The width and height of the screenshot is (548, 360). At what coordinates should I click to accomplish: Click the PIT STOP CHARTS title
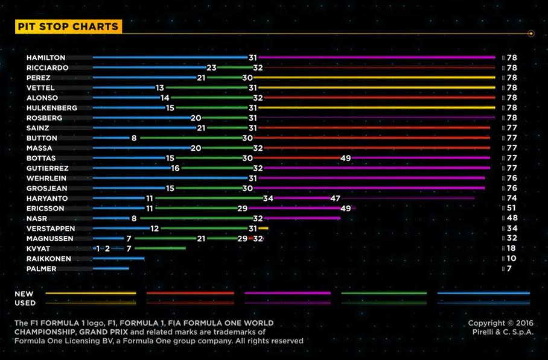pos(68,27)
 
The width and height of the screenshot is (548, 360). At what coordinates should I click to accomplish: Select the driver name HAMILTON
pos(46,58)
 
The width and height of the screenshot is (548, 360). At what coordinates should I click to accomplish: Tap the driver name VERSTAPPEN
pos(51,229)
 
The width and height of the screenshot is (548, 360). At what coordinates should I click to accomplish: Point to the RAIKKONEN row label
pos(49,259)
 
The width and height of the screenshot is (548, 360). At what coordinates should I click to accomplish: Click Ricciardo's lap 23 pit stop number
pos(211,68)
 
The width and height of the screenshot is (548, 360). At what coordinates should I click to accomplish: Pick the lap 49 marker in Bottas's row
pos(346,158)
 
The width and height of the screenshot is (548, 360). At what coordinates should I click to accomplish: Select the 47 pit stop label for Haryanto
pos(336,198)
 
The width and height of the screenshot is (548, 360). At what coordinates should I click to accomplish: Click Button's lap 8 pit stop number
pos(134,138)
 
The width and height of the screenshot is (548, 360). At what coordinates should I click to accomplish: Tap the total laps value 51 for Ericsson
pos(512,208)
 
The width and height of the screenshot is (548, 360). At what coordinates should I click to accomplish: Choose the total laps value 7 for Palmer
pos(509,268)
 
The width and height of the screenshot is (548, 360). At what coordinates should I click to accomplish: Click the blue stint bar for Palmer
pos(111,268)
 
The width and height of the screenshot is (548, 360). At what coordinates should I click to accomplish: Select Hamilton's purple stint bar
pos(377,58)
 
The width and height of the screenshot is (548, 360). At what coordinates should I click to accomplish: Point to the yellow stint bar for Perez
pos(374,78)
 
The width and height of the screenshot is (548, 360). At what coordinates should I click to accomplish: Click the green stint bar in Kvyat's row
pos(160,248)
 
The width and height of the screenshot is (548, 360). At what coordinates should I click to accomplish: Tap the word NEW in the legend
pos(24,294)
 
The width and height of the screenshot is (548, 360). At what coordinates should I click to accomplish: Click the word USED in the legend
pos(25,303)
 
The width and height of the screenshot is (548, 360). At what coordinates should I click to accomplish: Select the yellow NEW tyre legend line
pos(91,294)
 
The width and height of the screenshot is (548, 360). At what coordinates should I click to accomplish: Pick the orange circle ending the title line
pos(531,34)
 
